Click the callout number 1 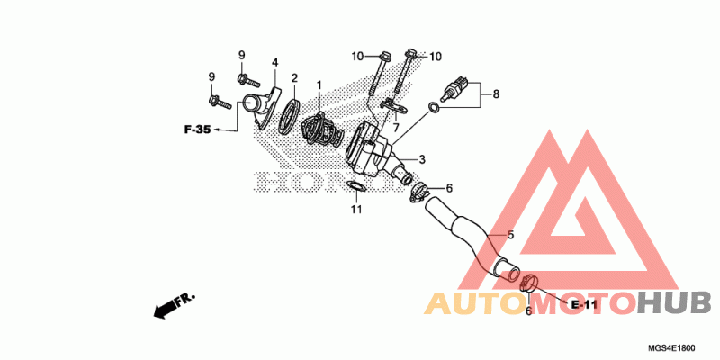pyautogui.click(x=319, y=85)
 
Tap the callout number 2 pyautogui.click(x=294, y=78)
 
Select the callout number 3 pyautogui.click(x=421, y=159)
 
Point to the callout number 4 pyautogui.click(x=274, y=62)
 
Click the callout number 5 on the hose pyautogui.click(x=510, y=235)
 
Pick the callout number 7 pyautogui.click(x=395, y=128)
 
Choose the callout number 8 pyautogui.click(x=495, y=92)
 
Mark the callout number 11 pyautogui.click(x=356, y=210)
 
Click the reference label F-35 pyautogui.click(x=197, y=130)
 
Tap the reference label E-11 pyautogui.click(x=584, y=304)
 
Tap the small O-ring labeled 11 pyautogui.click(x=355, y=187)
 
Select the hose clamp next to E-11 pyautogui.click(x=529, y=284)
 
